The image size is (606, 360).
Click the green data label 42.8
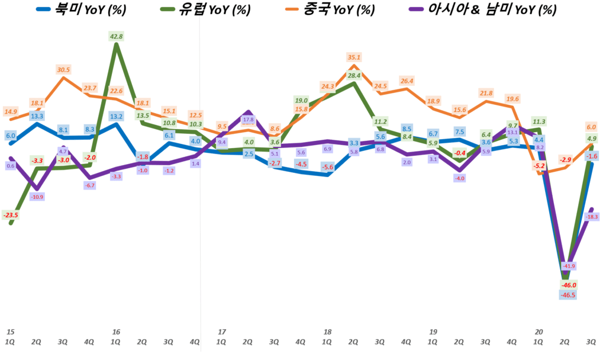(116, 37)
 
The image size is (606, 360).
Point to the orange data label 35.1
(354, 57)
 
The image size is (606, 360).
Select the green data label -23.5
(10, 215)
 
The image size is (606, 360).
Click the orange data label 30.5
(63, 70)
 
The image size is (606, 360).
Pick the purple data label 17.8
(248, 120)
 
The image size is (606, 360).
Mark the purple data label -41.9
(568, 266)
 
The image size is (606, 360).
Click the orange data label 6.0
(591, 127)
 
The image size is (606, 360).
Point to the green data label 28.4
(354, 76)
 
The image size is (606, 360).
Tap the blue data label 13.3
(37, 115)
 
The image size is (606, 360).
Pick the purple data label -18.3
(591, 217)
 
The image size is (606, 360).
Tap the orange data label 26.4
(407, 81)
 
